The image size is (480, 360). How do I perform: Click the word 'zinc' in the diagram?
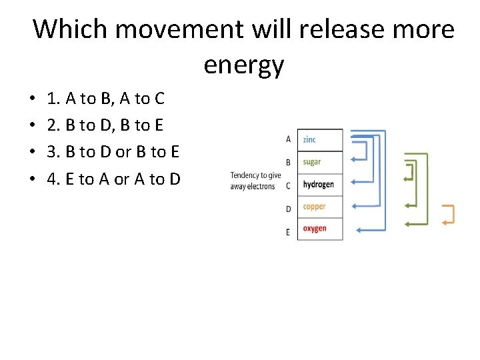(309, 139)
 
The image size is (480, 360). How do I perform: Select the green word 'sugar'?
(311, 162)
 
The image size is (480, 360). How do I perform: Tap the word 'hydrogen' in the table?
(318, 185)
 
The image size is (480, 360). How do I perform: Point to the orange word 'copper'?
(314, 207)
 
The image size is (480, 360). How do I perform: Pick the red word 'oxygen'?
(314, 229)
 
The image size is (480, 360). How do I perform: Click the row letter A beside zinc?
(288, 139)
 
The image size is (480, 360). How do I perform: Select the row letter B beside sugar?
(288, 162)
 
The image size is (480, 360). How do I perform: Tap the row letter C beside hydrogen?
(288, 185)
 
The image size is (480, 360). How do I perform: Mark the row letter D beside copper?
(288, 209)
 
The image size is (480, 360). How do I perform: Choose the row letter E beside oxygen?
(288, 232)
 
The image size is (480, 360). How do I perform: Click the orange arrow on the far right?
(448, 214)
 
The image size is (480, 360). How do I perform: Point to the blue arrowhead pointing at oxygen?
(359, 230)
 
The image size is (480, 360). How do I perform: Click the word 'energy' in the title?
(244, 65)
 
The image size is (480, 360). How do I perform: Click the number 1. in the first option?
(53, 99)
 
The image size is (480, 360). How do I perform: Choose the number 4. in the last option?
(53, 179)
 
